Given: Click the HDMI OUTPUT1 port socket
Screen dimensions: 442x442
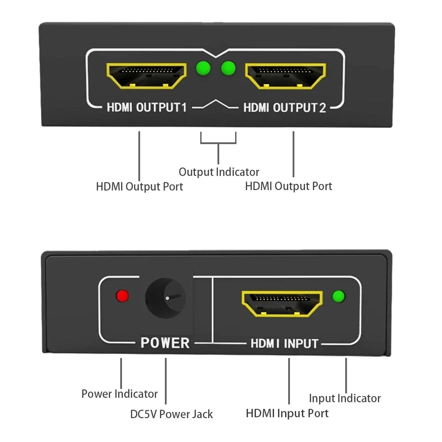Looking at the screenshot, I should [146, 76].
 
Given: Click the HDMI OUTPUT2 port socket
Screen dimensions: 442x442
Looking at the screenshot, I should [286, 76].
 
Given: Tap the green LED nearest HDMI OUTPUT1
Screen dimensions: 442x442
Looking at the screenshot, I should [203, 68].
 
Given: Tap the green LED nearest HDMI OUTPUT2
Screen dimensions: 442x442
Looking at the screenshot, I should [228, 68].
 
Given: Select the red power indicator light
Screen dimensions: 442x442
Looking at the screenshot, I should [122, 296].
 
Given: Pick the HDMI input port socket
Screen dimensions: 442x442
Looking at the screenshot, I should [282, 303].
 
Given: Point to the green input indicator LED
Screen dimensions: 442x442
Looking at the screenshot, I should [339, 296].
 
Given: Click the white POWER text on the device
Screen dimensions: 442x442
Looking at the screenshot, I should [165, 343].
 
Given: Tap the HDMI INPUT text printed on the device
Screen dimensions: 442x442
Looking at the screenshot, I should [284, 343].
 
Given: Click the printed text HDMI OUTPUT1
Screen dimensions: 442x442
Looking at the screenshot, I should [146, 107].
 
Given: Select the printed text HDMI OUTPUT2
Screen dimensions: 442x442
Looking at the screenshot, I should [285, 107].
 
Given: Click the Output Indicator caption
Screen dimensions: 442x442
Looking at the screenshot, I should [219, 171].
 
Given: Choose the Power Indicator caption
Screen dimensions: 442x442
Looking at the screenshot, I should [119, 393].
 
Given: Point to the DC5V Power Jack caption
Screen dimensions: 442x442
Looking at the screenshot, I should [171, 414].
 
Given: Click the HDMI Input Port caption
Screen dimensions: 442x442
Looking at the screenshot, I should [287, 413].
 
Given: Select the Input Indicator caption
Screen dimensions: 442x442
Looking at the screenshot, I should [345, 398].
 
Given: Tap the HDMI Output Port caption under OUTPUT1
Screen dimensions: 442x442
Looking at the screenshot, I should [139, 186].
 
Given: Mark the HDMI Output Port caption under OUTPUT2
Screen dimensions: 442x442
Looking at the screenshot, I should [289, 186].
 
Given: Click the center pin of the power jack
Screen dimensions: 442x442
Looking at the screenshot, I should [167, 298].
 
